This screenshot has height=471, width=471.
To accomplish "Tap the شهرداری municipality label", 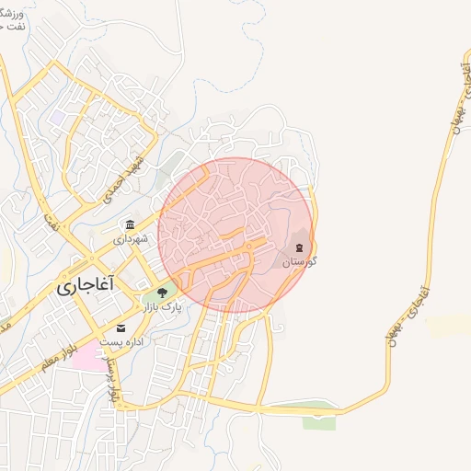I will (130, 239).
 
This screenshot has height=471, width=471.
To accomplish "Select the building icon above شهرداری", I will (130, 225).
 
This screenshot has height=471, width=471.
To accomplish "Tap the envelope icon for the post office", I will (121, 327).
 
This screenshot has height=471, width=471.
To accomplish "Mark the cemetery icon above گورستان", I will (299, 247).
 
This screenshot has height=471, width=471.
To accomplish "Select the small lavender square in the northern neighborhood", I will (60, 118).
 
